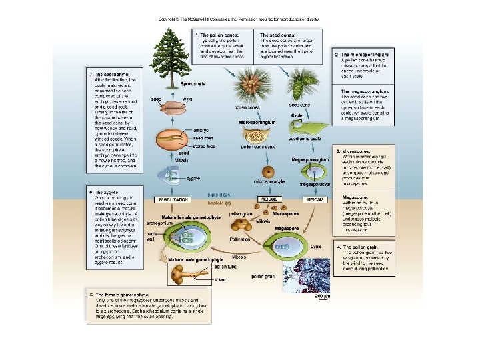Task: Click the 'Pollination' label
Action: pos(241,238)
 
